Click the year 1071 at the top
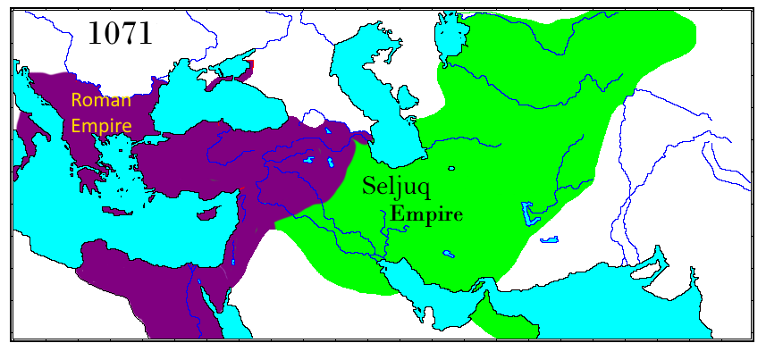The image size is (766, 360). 120,33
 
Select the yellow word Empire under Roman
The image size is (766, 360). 101,126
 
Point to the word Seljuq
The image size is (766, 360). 399,187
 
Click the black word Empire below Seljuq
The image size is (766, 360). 426,214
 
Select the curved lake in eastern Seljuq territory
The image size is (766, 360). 530,214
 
